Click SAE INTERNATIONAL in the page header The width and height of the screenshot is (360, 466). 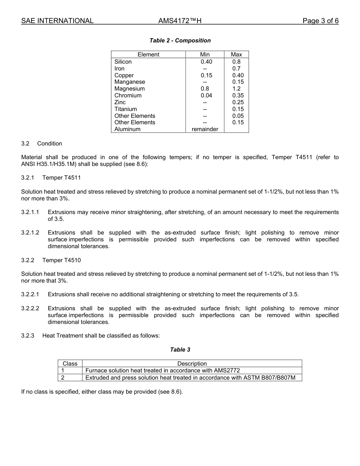[x=57, y=21]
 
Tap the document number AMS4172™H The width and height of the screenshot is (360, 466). [x=180, y=21]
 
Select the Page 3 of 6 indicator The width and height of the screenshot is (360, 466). [x=320, y=21]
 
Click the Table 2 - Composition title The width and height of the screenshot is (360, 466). [x=180, y=41]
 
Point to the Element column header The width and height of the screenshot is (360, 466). [x=148, y=55]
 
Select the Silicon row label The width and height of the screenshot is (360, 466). [x=123, y=62]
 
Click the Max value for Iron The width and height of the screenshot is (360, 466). [x=236, y=69]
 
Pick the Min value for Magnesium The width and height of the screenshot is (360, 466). [x=205, y=89]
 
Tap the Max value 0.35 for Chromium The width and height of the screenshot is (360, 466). [x=238, y=95]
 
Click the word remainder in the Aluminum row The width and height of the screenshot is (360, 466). [x=205, y=129]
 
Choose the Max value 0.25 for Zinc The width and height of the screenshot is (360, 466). [x=238, y=102]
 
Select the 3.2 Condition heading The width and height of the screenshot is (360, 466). [x=42, y=144]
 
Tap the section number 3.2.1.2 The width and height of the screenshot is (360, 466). [x=30, y=233]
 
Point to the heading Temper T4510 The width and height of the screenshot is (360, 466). [x=61, y=260]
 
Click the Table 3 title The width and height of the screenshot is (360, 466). [x=180, y=350]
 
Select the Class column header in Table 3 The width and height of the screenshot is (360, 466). [x=70, y=364]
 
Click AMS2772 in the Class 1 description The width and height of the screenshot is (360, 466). [x=227, y=371]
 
